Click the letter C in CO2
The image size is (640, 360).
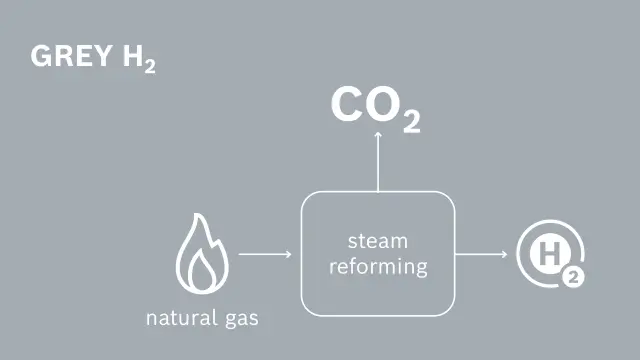[x=348, y=106]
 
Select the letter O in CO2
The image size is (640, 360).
[x=384, y=106]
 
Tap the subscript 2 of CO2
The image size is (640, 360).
[x=411, y=121]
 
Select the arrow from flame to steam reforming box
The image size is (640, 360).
[x=265, y=254]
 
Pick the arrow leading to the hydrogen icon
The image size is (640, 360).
[x=482, y=254]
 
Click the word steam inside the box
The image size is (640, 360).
[x=378, y=241]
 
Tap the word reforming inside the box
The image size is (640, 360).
[x=378, y=267]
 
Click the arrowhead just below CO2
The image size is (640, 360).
[x=378, y=137]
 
